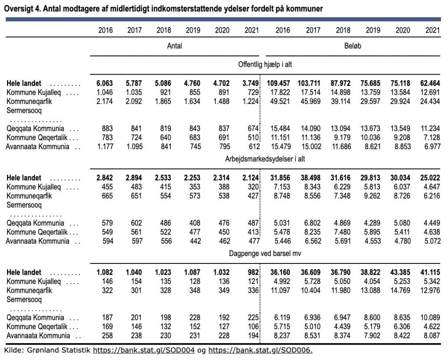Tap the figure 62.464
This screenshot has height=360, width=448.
(430, 83)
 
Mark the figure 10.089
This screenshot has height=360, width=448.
(430, 317)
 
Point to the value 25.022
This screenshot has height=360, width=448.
(430, 178)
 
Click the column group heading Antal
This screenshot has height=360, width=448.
(175, 46)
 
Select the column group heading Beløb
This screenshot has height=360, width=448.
(353, 46)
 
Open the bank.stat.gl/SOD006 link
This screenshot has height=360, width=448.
(260, 350)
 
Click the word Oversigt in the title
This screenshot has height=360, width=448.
(19, 9)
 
